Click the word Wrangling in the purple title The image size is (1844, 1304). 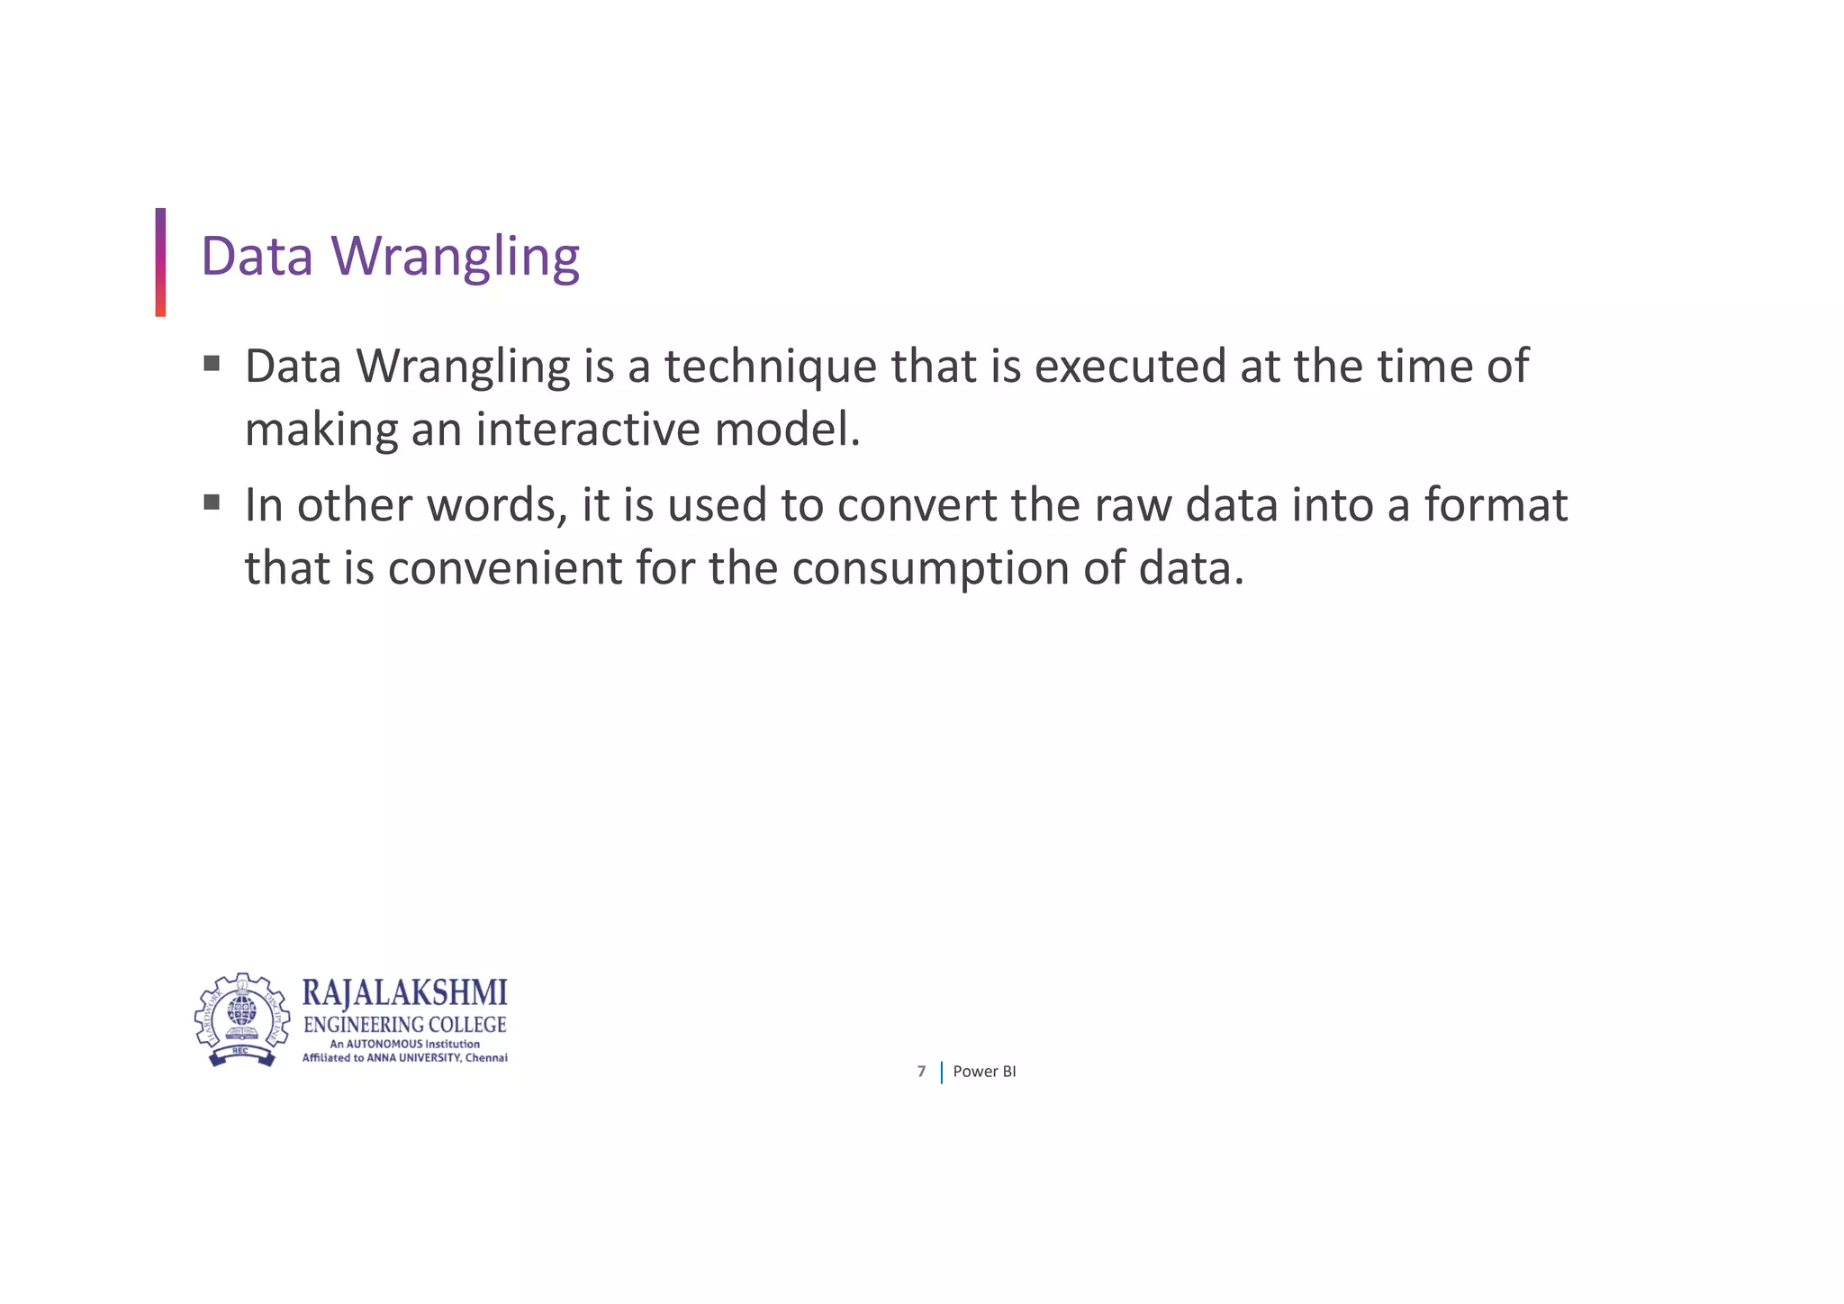point(456,257)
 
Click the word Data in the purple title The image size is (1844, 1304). point(257,257)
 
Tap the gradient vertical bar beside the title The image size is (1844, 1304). point(160,262)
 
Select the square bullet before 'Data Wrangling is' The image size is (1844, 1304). point(212,364)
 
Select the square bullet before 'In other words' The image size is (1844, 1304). point(212,503)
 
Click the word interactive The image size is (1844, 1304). point(587,430)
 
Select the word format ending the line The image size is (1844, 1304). point(1496,505)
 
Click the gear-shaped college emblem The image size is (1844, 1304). point(242,1020)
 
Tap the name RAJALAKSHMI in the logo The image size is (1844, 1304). point(404,993)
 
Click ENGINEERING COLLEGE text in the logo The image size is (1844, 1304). point(404,1025)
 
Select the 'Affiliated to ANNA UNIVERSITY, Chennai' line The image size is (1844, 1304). point(404,1058)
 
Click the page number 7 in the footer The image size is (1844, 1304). point(921,1072)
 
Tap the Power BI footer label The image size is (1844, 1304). point(984,1072)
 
